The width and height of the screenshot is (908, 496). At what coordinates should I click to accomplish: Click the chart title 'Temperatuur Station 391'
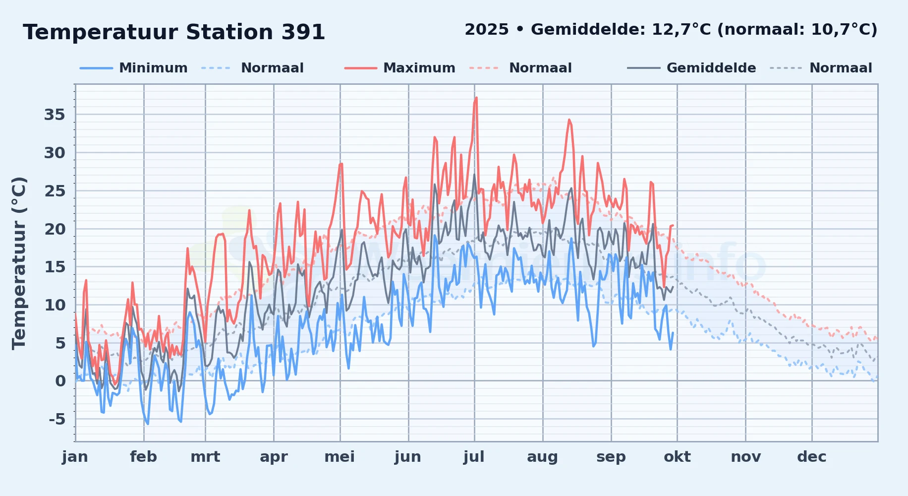pyautogui.click(x=174, y=32)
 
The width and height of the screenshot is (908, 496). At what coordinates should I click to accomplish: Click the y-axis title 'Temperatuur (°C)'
pyautogui.click(x=19, y=263)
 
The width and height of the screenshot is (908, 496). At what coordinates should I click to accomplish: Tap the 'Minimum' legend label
pyautogui.click(x=153, y=68)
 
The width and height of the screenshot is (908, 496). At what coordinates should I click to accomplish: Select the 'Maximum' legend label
pyautogui.click(x=419, y=68)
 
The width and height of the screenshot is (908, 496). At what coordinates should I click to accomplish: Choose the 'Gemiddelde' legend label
pyautogui.click(x=711, y=68)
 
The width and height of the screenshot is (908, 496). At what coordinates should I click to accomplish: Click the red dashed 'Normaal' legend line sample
pyautogui.click(x=484, y=68)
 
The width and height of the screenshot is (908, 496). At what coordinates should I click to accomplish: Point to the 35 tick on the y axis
pyautogui.click(x=55, y=115)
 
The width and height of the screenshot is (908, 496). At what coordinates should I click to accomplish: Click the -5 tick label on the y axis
pyautogui.click(x=57, y=419)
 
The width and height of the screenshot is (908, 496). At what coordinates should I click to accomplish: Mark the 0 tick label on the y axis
pyautogui.click(x=60, y=381)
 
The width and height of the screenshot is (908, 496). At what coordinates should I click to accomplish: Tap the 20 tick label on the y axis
pyautogui.click(x=55, y=229)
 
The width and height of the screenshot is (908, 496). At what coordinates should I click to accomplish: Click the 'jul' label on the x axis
pyautogui.click(x=474, y=457)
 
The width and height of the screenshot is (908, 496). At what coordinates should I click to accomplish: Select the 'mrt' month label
pyautogui.click(x=205, y=457)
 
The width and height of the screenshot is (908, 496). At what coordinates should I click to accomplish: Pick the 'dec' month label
pyautogui.click(x=812, y=457)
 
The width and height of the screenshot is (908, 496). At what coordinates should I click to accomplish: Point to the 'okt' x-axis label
pyautogui.click(x=677, y=457)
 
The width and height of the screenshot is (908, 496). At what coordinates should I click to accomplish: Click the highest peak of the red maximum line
pyautogui.click(x=476, y=98)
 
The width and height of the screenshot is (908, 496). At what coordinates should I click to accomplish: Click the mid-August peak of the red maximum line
pyautogui.click(x=569, y=120)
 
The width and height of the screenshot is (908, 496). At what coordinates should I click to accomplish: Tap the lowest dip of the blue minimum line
pyautogui.click(x=147, y=424)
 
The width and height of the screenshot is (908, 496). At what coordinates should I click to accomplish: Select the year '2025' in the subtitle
pyautogui.click(x=487, y=30)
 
